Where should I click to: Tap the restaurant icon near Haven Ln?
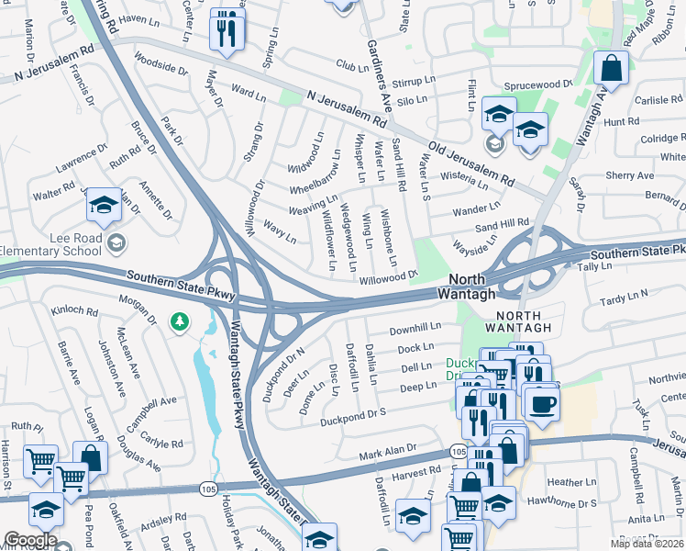pyautogui.click(x=226, y=31)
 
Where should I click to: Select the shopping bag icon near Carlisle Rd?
pyautogui.click(x=610, y=69)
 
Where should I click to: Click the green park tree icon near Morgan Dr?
pyautogui.click(x=178, y=321)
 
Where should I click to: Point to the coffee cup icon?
pyautogui.click(x=540, y=405)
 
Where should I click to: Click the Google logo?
pyautogui.click(x=30, y=541)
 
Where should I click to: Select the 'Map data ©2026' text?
pyautogui.click(x=647, y=544)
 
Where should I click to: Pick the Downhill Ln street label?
pyautogui.click(x=415, y=328)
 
